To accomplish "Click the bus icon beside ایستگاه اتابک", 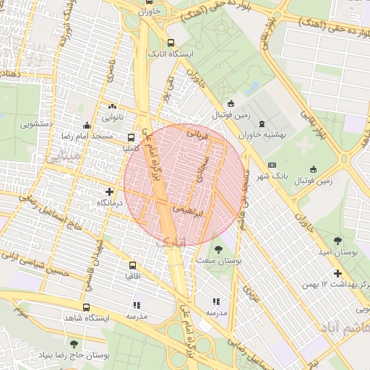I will (x=171, y=43).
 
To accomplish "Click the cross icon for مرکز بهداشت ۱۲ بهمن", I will (x=337, y=273).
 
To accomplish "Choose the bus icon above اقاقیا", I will (x=132, y=265).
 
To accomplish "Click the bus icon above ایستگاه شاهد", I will (x=87, y=307).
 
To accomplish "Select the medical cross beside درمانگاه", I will (x=109, y=192).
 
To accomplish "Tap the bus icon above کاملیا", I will (x=131, y=137).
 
